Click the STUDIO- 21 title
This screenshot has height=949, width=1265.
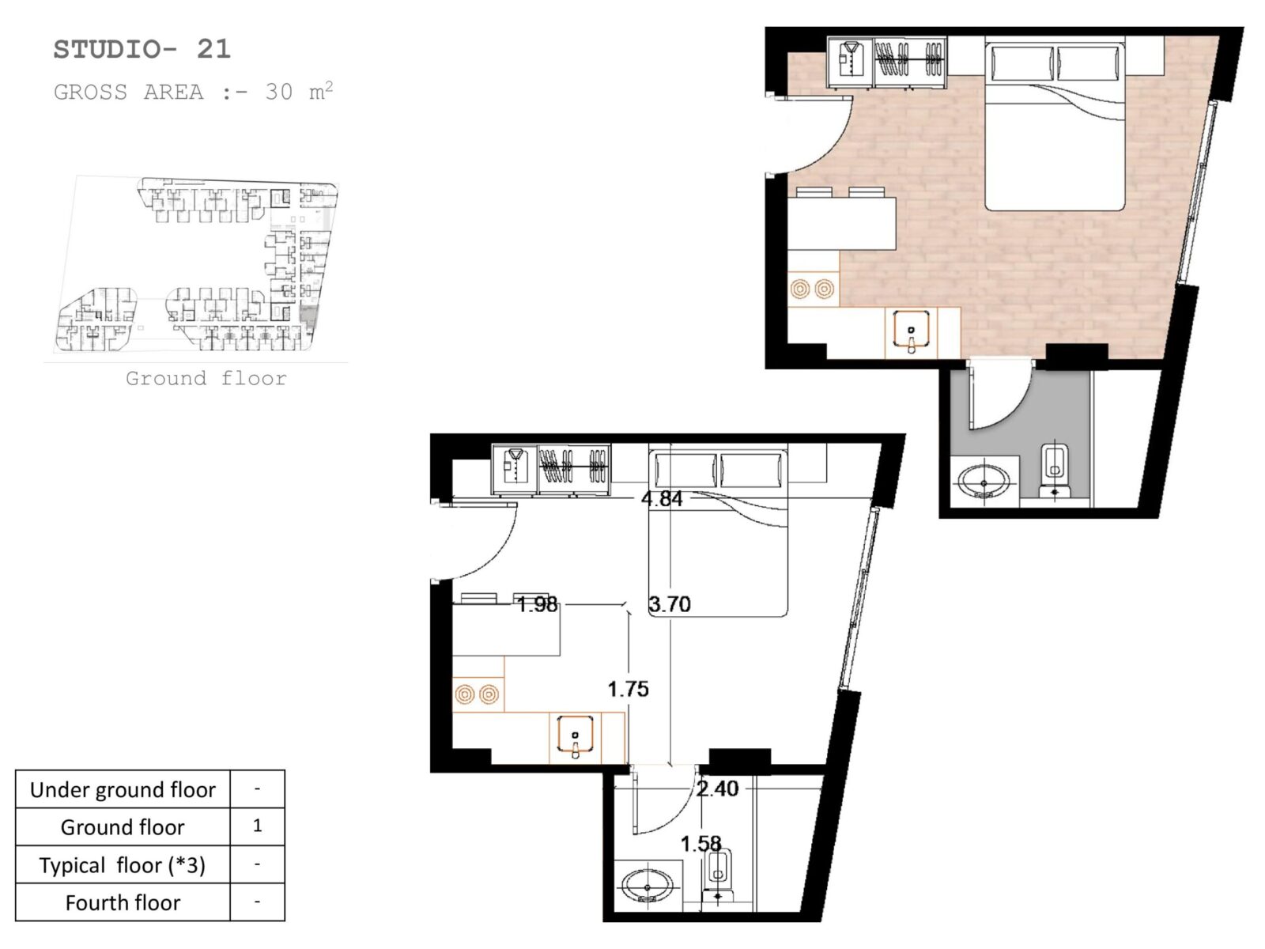click(142, 50)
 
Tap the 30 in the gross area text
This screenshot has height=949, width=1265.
click(279, 93)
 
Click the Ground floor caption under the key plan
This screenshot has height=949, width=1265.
click(206, 379)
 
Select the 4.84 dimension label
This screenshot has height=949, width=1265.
click(662, 498)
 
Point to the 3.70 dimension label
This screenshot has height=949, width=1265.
click(669, 604)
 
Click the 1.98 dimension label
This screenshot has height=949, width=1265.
click(537, 604)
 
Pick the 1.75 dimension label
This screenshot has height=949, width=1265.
click(629, 689)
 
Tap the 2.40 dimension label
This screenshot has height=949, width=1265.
click(717, 788)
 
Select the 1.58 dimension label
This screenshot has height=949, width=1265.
click(700, 844)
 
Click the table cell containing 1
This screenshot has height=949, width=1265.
click(257, 826)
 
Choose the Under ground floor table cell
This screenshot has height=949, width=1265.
click(123, 789)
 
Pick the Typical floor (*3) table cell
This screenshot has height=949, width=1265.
click(123, 865)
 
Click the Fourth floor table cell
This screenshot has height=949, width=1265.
click(123, 902)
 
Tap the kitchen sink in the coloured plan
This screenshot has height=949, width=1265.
click(911, 332)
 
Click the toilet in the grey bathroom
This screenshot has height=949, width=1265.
click(1055, 471)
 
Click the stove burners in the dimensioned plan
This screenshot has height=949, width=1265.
click(477, 694)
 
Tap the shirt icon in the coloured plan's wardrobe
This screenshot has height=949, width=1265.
click(851, 60)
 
